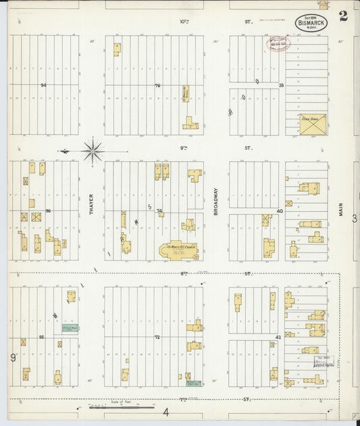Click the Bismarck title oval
(x=311, y=22)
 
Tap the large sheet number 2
(x=344, y=17)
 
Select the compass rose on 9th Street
(x=93, y=150)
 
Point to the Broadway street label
(x=217, y=201)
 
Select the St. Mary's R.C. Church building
(x=179, y=250)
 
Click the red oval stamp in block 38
(x=277, y=44)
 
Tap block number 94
(x=43, y=85)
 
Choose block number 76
(x=157, y=85)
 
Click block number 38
(x=281, y=85)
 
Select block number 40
(x=279, y=211)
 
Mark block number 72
(x=157, y=336)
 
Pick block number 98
(x=41, y=336)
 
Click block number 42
(x=278, y=336)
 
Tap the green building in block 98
(x=70, y=328)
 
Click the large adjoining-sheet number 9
(x=12, y=356)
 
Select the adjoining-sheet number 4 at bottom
(x=165, y=411)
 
